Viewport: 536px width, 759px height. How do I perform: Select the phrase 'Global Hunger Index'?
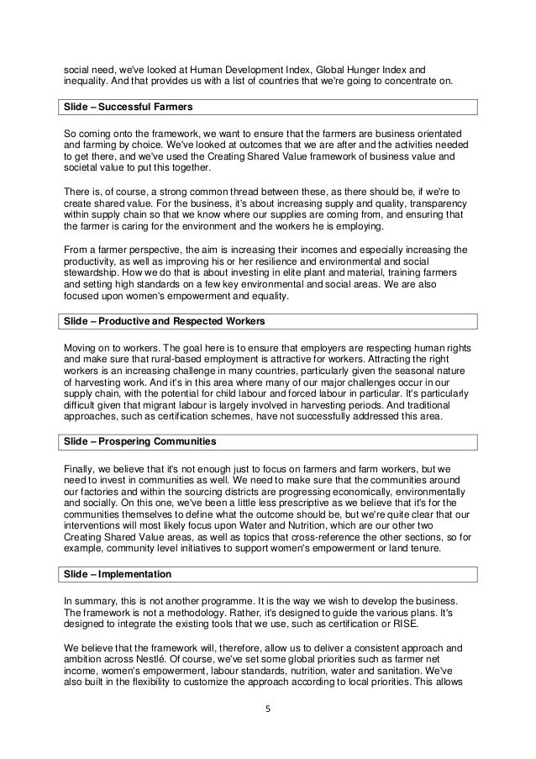pos(365,69)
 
